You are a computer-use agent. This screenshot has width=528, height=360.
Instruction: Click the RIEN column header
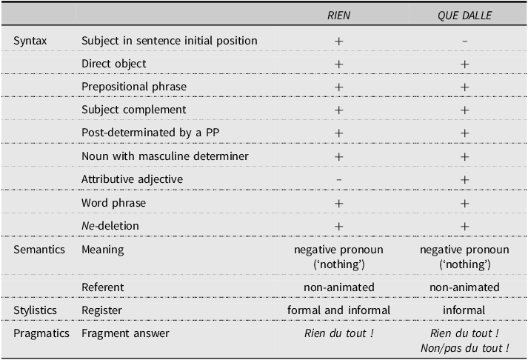click(338, 16)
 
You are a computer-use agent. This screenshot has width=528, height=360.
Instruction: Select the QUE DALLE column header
click(465, 16)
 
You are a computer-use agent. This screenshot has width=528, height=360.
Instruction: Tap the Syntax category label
click(30, 41)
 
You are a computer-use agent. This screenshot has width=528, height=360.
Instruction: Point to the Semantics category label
click(39, 250)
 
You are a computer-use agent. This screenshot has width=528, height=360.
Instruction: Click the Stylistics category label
click(35, 310)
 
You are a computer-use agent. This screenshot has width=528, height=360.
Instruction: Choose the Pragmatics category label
click(41, 333)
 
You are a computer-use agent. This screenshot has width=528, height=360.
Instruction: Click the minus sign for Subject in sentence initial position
click(465, 41)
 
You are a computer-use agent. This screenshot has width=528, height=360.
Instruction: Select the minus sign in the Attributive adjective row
click(338, 180)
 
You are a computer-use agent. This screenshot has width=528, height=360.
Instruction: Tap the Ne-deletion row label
click(110, 226)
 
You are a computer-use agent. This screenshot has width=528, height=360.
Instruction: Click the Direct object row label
click(114, 64)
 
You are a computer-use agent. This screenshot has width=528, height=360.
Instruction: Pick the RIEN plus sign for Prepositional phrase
click(338, 87)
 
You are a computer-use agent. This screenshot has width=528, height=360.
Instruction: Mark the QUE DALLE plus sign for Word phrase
click(465, 204)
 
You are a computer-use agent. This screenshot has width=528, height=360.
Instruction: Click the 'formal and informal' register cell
click(338, 310)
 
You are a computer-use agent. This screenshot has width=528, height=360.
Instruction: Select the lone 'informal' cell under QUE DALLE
click(464, 310)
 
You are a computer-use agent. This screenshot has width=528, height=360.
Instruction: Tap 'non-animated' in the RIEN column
click(339, 287)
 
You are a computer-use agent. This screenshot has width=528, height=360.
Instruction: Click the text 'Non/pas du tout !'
click(465, 348)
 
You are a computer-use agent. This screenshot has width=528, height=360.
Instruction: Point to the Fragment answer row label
click(125, 333)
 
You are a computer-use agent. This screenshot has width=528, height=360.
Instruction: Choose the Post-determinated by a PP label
click(150, 133)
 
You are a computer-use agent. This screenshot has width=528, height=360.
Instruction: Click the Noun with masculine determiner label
click(165, 156)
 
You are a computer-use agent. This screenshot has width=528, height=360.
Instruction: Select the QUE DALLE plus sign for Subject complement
click(465, 110)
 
